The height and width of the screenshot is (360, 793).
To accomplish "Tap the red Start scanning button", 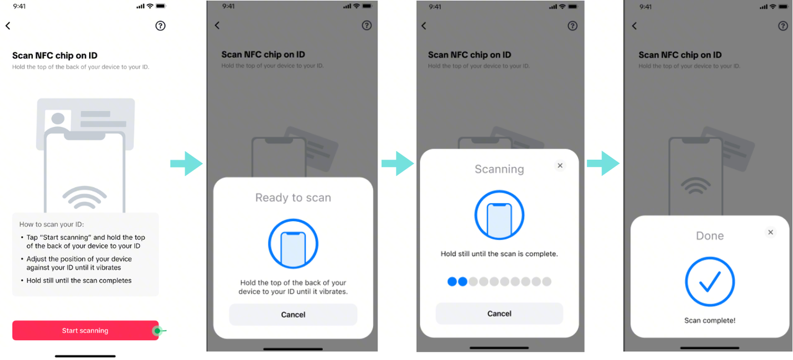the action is pyautogui.click(x=85, y=330).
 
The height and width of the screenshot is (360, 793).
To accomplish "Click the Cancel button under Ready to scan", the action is pyautogui.click(x=293, y=314).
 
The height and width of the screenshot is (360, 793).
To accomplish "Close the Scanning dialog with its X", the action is pyautogui.click(x=560, y=165).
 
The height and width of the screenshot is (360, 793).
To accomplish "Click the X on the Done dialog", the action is pyautogui.click(x=770, y=232).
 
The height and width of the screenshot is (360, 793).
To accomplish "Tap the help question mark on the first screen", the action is pyautogui.click(x=160, y=26).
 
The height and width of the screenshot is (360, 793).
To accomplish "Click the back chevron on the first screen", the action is pyautogui.click(x=8, y=25).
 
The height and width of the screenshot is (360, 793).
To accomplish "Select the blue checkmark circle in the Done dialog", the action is pyautogui.click(x=710, y=281).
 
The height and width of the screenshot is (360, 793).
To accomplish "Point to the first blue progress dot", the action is pyautogui.click(x=452, y=281).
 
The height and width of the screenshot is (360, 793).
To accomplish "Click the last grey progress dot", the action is pyautogui.click(x=546, y=281).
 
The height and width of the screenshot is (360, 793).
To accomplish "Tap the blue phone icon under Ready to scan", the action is pyautogui.click(x=293, y=244).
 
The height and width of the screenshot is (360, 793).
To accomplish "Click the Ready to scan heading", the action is pyautogui.click(x=293, y=198).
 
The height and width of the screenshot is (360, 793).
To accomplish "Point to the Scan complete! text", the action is pyautogui.click(x=710, y=320).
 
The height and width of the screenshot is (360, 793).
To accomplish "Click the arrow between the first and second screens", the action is pyautogui.click(x=186, y=164).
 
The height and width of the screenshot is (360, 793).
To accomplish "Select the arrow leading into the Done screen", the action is pyautogui.click(x=603, y=164).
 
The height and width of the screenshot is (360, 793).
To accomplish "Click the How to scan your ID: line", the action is pyautogui.click(x=51, y=224).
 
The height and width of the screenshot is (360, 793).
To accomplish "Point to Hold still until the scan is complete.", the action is pyautogui.click(x=499, y=254).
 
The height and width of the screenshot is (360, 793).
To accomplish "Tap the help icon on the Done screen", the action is pyautogui.click(x=782, y=26).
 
